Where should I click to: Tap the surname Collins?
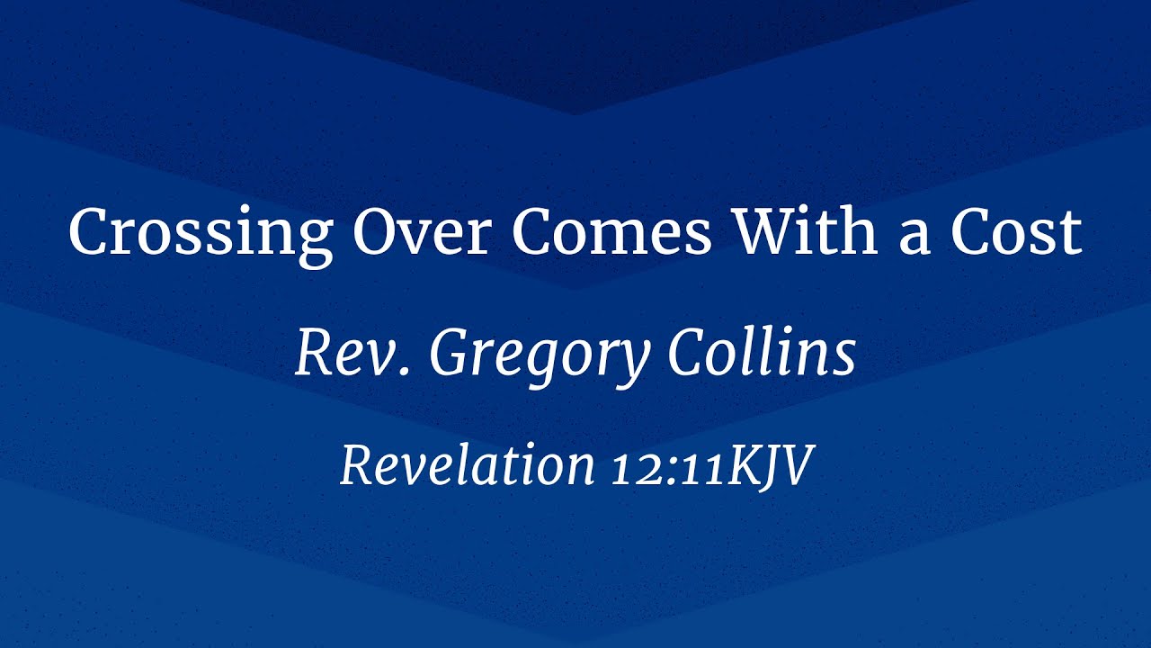coord(762,353)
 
